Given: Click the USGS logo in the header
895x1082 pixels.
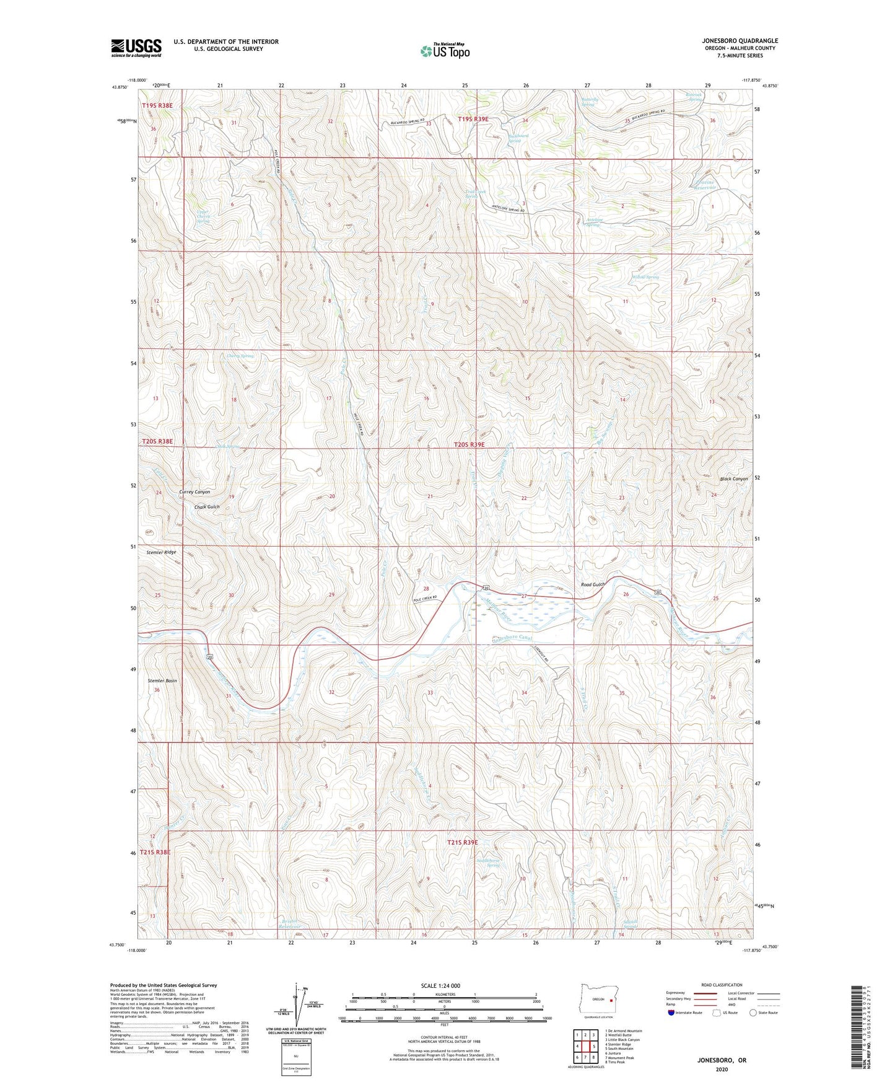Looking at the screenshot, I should [x=136, y=48].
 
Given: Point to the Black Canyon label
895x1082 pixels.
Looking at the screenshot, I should [x=734, y=479].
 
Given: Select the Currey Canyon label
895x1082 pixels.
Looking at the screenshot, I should [x=194, y=492].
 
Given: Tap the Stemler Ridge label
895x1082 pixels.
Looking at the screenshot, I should [x=161, y=552].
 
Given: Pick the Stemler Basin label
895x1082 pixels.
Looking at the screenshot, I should [x=162, y=681].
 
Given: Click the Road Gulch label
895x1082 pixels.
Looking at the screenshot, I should [x=593, y=584].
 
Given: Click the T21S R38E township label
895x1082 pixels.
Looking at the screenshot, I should [x=155, y=852].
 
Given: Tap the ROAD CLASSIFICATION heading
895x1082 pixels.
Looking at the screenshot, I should [x=722, y=985].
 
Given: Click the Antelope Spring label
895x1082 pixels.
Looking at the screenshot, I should [x=594, y=222].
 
